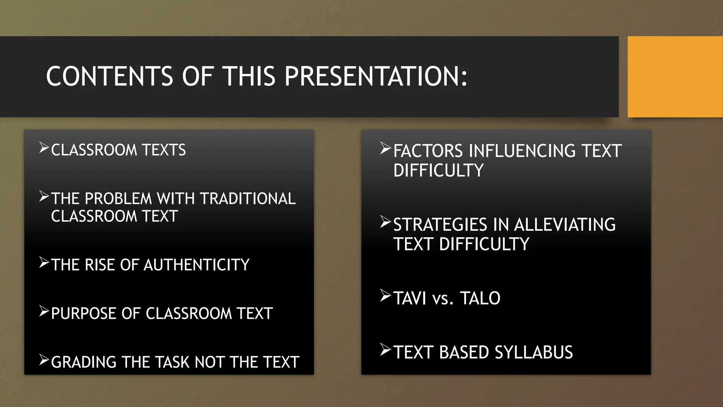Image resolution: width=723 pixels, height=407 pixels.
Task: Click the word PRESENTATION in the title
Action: click(376, 76)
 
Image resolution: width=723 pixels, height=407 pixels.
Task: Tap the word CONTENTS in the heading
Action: click(109, 76)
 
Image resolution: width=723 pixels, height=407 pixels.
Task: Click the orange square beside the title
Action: click(675, 77)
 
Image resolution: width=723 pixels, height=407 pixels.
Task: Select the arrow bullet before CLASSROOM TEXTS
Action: click(44, 148)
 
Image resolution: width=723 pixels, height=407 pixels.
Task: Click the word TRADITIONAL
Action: click(248, 199)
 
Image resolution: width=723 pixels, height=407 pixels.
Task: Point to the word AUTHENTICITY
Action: click(197, 265)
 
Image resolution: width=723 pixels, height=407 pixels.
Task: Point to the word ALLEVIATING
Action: click(565, 225)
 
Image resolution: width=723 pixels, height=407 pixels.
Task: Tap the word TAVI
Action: click(410, 299)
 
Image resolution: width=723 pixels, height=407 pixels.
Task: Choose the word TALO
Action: click(480, 299)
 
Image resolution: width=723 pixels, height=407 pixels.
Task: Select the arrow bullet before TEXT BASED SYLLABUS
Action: click(386, 350)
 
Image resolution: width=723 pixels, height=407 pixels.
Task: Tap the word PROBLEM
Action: click(118, 199)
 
